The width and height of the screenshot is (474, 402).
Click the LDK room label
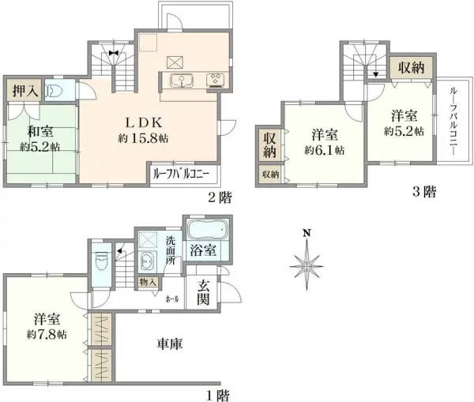point(142,122)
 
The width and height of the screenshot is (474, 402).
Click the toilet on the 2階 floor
point(53,90)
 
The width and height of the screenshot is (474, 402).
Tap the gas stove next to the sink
point(216,78)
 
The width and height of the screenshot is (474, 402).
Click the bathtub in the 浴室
point(208,231)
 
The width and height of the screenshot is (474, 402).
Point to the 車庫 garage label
point(169,344)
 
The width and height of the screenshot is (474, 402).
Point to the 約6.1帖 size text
point(325,149)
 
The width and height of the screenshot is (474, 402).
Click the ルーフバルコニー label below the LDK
point(182,173)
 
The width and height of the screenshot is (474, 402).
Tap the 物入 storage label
point(148,282)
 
